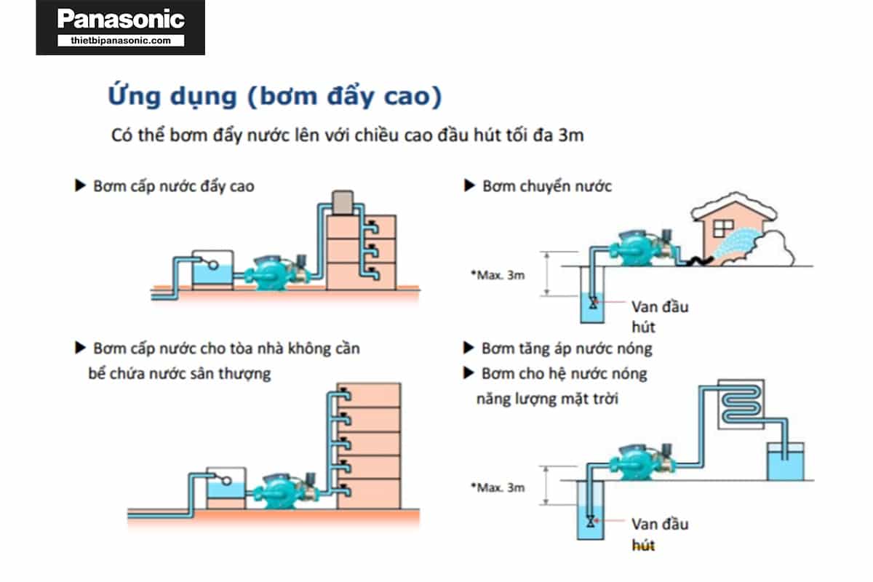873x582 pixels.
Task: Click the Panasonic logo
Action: [121, 19]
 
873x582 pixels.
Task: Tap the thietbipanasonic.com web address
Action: [121, 41]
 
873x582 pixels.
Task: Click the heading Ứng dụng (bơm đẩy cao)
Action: [275, 97]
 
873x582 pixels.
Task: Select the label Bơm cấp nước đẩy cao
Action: [174, 186]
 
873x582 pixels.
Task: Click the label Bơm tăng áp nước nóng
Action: [567, 348]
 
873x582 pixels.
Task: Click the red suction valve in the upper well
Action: [594, 301]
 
